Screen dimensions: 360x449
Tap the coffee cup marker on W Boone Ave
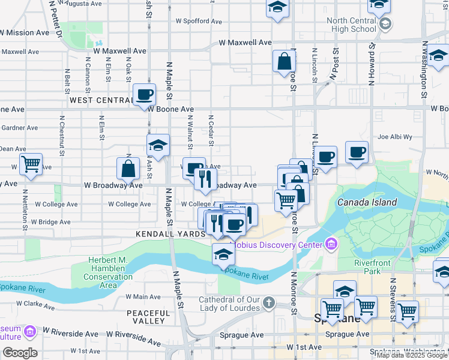pyautogui.click(x=145, y=95)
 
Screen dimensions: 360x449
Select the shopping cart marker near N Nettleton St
pyautogui.click(x=31, y=164)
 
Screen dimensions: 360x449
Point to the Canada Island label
pyautogui.click(x=367, y=202)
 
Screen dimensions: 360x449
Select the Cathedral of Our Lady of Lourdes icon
pyautogui.click(x=269, y=303)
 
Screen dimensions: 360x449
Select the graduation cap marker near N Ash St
pyautogui.click(x=158, y=145)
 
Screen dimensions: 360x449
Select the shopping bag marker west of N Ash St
pyautogui.click(x=128, y=169)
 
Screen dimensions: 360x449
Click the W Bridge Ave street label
pyautogui.click(x=53, y=222)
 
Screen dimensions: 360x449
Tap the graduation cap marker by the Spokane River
pyautogui.click(x=223, y=254)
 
